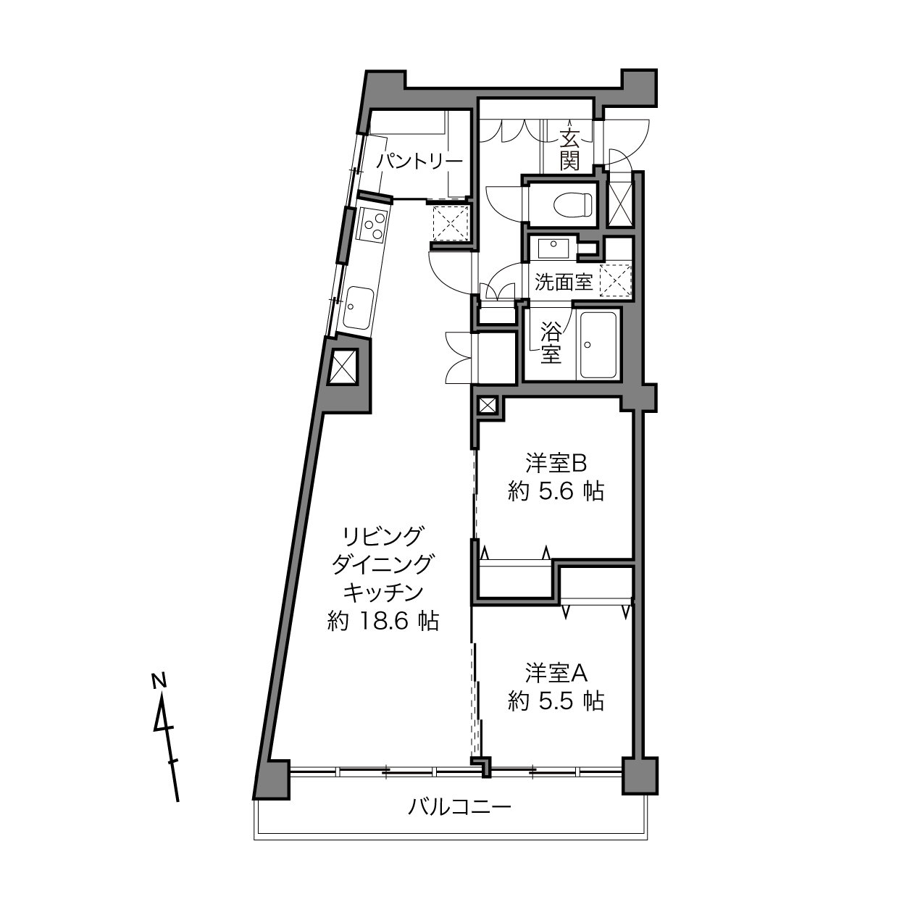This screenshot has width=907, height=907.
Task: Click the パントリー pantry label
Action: [x=419, y=162]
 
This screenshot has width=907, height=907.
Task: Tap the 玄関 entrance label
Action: [x=569, y=150]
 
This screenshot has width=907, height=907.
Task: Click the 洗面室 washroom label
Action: [x=563, y=282]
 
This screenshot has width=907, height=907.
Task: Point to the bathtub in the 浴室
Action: [x=598, y=345]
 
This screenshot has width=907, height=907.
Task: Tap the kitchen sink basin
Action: [x=359, y=309]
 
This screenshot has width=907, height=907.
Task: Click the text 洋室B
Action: [x=556, y=464]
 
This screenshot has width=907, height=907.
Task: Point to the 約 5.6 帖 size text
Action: [x=556, y=493]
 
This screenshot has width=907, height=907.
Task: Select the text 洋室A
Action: [x=556, y=673]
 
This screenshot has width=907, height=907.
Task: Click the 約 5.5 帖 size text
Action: [x=556, y=702]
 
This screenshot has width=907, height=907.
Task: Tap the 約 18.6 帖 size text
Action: [x=383, y=621]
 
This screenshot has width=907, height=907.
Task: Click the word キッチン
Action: [x=383, y=593]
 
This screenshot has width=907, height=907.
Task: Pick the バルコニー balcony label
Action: [x=459, y=808]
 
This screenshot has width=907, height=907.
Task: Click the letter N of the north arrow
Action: [x=159, y=680]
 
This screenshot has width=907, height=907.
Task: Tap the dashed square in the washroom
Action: [x=616, y=281]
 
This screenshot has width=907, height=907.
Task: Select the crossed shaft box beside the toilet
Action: [x=620, y=201]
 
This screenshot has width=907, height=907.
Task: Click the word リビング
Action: [x=382, y=535]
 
